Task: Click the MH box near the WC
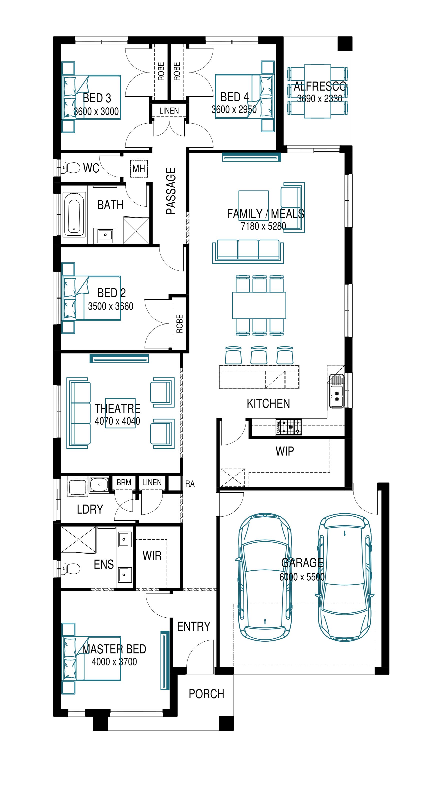139,168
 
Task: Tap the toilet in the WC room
71,168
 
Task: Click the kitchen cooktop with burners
289,427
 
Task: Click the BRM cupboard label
124,482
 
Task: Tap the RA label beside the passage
190,484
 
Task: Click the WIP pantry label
284,451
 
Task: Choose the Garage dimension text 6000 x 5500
302,577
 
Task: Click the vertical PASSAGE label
171,191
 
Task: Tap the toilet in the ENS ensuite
71,568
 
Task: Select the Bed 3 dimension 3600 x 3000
96,111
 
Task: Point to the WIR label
152,556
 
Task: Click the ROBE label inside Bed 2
179,323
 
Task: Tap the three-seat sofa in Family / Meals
248,251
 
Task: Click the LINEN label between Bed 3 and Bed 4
169,111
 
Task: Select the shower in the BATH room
136,230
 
